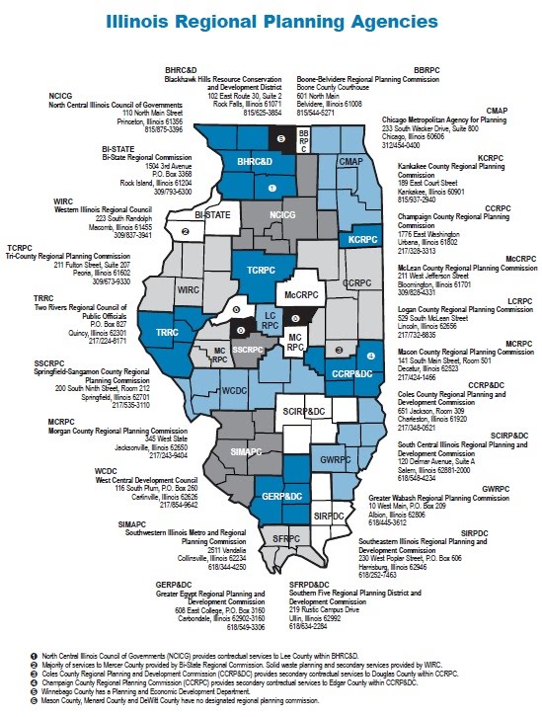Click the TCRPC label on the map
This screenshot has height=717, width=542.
click(x=261, y=270)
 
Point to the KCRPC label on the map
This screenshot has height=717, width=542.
click(x=364, y=239)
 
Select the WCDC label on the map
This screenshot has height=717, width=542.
click(x=234, y=390)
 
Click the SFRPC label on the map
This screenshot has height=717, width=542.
click(x=285, y=538)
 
